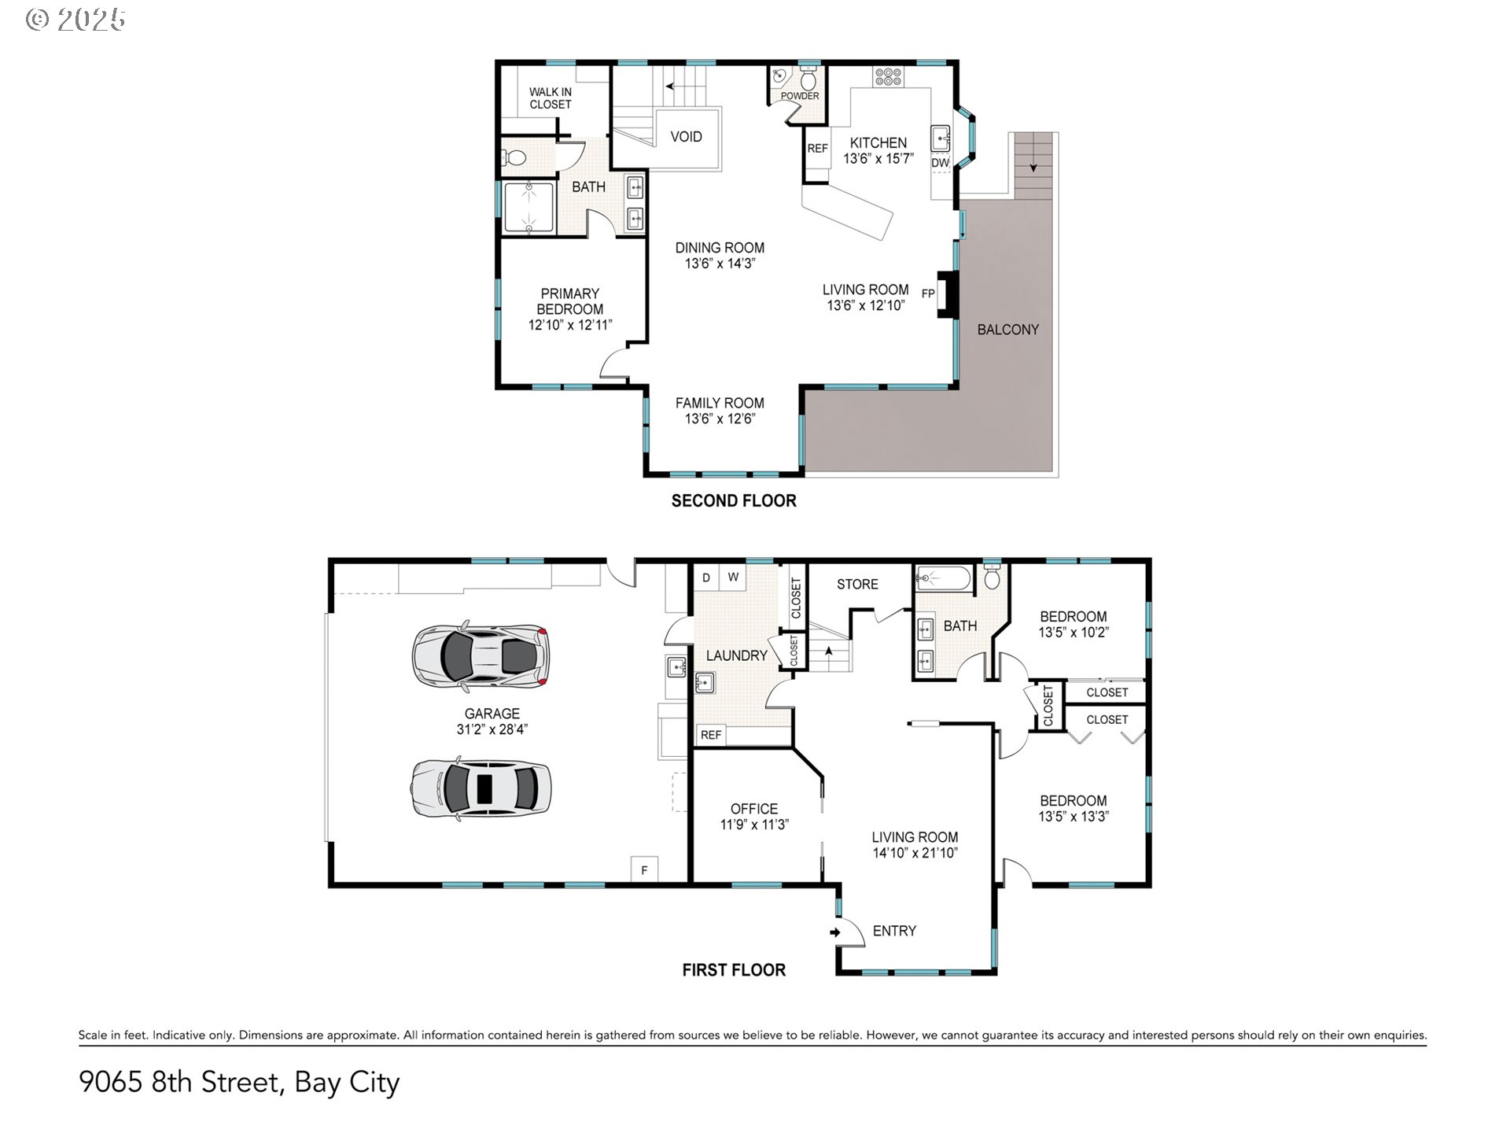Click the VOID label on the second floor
(x=686, y=137)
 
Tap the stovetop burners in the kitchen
(x=888, y=76)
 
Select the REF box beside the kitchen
(x=817, y=149)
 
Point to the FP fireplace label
(x=928, y=293)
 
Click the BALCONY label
(x=1007, y=330)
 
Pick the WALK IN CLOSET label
(x=551, y=98)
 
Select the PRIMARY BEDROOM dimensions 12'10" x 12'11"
(x=570, y=325)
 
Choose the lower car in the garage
(x=481, y=789)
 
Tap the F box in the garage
(x=644, y=869)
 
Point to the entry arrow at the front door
(x=835, y=932)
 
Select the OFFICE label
(x=754, y=809)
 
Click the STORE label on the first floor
(x=857, y=584)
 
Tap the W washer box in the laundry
(x=733, y=577)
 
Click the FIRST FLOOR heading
(x=734, y=970)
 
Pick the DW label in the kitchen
(x=941, y=163)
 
